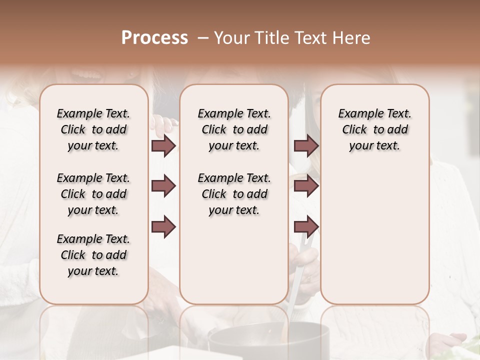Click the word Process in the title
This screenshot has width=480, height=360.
pyautogui.click(x=154, y=38)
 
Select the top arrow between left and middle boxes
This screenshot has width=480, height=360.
pyautogui.click(x=163, y=145)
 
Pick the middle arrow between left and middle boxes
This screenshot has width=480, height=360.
pyautogui.click(x=163, y=186)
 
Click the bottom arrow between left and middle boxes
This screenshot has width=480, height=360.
pyautogui.click(x=163, y=226)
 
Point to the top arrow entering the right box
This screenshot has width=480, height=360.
pyautogui.click(x=306, y=145)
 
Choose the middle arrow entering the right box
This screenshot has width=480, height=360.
pyautogui.click(x=306, y=186)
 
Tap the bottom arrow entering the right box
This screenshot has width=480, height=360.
pyautogui.click(x=306, y=226)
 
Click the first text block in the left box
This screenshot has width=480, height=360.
pyautogui.click(x=93, y=129)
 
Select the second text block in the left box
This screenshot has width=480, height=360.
pyautogui.click(x=93, y=194)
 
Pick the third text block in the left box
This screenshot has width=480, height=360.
pyautogui.click(x=93, y=255)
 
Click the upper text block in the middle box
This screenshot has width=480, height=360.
pyautogui.click(x=234, y=129)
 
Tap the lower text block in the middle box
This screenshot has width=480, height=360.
pyautogui.click(x=234, y=194)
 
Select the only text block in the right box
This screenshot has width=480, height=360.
pyautogui.click(x=374, y=129)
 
